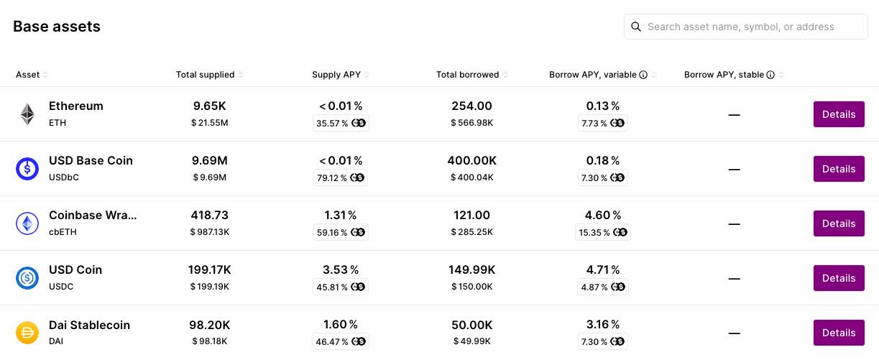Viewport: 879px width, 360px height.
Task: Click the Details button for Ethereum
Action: point(839,114)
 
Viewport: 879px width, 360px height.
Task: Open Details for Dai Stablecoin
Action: point(839,333)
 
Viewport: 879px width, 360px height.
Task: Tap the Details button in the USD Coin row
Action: point(839,278)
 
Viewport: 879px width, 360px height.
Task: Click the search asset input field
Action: point(747,27)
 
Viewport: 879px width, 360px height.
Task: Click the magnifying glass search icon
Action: point(636,27)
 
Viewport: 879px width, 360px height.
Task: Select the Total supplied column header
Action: point(206,75)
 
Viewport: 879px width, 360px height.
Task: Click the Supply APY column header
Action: point(336,75)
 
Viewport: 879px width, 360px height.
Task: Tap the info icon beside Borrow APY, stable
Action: point(770,75)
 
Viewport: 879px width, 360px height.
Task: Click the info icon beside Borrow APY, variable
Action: point(643,75)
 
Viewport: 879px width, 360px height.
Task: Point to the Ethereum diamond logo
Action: point(27,114)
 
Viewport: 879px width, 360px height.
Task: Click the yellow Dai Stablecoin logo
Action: point(27,333)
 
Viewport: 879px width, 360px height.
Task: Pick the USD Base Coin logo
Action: point(27,169)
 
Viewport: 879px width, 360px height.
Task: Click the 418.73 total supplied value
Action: point(209,215)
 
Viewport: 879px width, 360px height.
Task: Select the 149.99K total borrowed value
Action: point(471,269)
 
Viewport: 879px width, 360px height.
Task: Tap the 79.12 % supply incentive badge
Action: point(341,177)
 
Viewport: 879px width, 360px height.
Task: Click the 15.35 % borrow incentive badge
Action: point(603,232)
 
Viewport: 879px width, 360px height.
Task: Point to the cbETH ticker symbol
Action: point(63,232)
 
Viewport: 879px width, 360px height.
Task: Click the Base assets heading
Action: point(57,27)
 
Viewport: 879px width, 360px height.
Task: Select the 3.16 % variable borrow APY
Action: point(603,324)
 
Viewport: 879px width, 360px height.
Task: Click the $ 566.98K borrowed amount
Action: point(471,123)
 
